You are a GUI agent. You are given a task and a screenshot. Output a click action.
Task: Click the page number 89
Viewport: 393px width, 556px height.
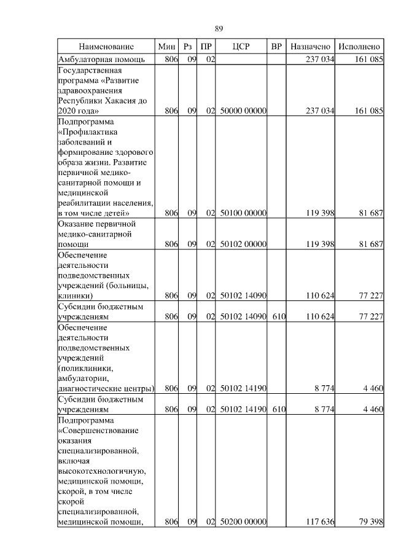click(219, 29)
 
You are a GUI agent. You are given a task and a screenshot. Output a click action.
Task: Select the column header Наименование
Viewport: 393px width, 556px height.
click(106, 47)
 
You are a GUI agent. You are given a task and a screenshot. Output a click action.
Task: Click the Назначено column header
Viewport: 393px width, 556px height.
click(311, 47)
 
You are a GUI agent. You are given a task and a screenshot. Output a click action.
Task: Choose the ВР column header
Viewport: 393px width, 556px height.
click(277, 47)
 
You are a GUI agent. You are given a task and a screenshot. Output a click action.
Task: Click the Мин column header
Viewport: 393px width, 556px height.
click(166, 47)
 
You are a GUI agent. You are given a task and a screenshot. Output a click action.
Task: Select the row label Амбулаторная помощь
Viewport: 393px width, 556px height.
click(101, 60)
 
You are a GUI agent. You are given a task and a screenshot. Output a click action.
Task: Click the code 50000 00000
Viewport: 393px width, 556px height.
click(243, 111)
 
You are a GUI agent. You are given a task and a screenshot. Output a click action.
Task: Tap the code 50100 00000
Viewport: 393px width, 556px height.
click(243, 213)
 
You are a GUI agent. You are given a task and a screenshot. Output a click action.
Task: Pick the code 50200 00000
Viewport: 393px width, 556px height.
click(243, 522)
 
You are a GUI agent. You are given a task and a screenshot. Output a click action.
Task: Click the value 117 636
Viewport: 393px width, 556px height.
click(319, 522)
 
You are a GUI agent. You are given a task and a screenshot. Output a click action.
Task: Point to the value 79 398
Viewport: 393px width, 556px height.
click(370, 522)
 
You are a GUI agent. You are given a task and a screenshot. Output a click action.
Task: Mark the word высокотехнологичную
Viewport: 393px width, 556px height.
click(101, 471)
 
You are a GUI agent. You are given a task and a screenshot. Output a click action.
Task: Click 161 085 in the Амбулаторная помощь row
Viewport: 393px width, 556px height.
click(368, 60)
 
